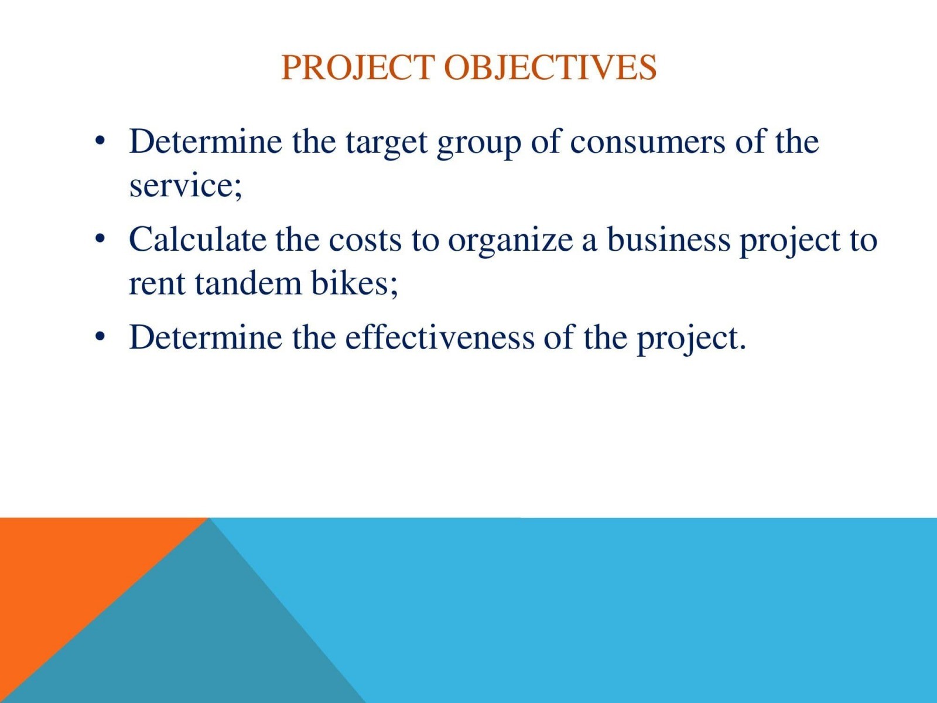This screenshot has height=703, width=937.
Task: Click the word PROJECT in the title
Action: (358, 67)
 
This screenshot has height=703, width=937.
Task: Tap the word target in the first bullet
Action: (387, 142)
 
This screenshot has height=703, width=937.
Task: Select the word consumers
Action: (648, 142)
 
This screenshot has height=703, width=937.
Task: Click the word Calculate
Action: (197, 240)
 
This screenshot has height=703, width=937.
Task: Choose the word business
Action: (669, 240)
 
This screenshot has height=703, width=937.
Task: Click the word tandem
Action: (248, 284)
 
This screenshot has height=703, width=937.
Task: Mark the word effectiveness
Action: (440, 337)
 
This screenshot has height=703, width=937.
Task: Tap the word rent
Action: (157, 285)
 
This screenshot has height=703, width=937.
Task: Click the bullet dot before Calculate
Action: (100, 238)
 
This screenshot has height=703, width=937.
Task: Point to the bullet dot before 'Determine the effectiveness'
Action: (100, 336)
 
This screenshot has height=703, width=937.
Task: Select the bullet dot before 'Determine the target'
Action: (100, 141)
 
